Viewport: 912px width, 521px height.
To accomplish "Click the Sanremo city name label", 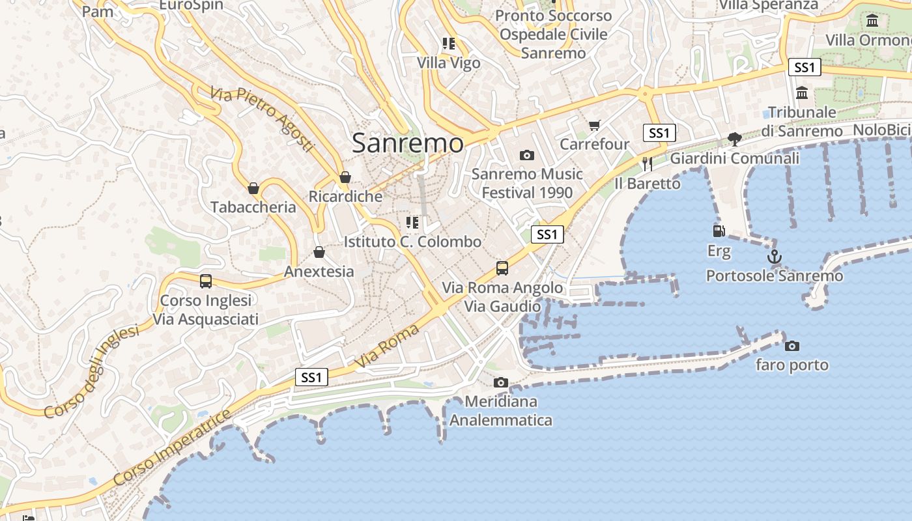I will (408, 143).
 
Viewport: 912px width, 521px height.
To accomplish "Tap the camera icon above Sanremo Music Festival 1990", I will (526, 155).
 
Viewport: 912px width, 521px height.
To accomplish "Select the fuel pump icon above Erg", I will (719, 231).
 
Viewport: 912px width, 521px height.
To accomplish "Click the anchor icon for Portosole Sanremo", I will (774, 257).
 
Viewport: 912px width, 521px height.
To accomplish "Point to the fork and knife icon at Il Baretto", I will (647, 164).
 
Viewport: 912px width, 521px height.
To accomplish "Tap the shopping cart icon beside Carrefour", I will (594, 125).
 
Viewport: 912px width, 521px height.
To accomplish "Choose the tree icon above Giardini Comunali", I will (734, 139).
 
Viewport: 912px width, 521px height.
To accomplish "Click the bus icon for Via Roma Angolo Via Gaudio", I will (502, 268).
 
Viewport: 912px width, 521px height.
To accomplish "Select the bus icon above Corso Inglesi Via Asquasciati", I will (206, 281).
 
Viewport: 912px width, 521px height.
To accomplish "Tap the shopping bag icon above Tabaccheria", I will (253, 188).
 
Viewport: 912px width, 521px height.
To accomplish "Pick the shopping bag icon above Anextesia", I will (319, 252).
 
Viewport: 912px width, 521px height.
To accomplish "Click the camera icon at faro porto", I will (791, 346).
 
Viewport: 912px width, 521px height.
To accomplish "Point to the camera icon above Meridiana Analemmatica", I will (500, 382).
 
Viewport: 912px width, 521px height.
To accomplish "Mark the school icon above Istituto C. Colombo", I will (412, 223).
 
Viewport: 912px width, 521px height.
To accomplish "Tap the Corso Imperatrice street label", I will (172, 447).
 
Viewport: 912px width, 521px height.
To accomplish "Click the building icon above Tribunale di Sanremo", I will (802, 93).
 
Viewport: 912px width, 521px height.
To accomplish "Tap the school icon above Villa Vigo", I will (448, 44).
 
